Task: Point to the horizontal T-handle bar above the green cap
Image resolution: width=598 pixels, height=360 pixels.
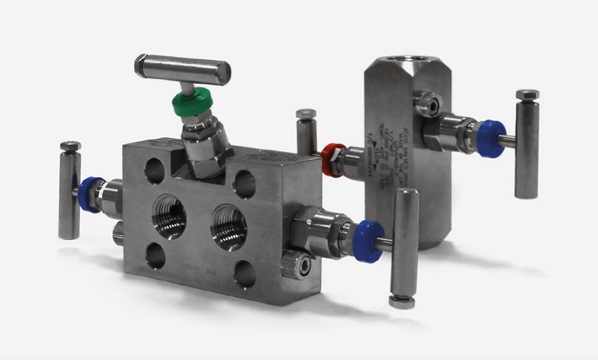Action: click(x=183, y=68)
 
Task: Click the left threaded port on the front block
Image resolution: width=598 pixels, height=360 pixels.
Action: click(x=170, y=216)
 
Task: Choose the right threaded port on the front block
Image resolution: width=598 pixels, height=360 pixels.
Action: click(x=229, y=226)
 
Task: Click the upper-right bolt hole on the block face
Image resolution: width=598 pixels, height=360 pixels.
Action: click(x=244, y=185)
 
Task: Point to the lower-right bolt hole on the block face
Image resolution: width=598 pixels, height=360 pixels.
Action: click(x=244, y=274)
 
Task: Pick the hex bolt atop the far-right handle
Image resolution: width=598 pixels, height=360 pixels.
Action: click(x=527, y=94)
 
